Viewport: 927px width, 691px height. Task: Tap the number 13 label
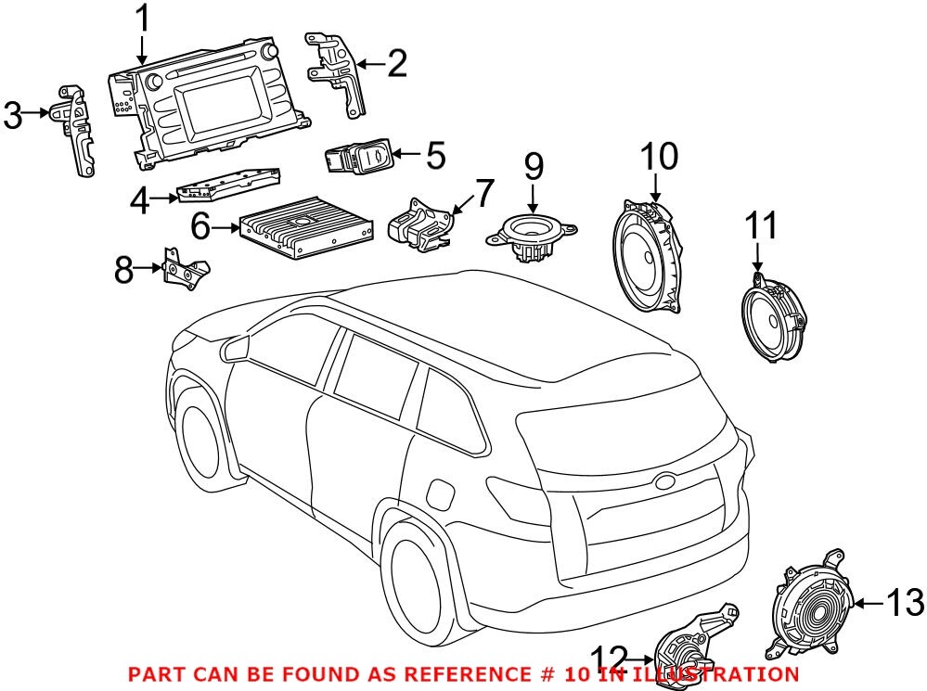pos(904,603)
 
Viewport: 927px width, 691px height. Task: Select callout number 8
pos(123,270)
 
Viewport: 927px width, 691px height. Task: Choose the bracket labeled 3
pos(78,131)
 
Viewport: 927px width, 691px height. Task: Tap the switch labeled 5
pos(356,160)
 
